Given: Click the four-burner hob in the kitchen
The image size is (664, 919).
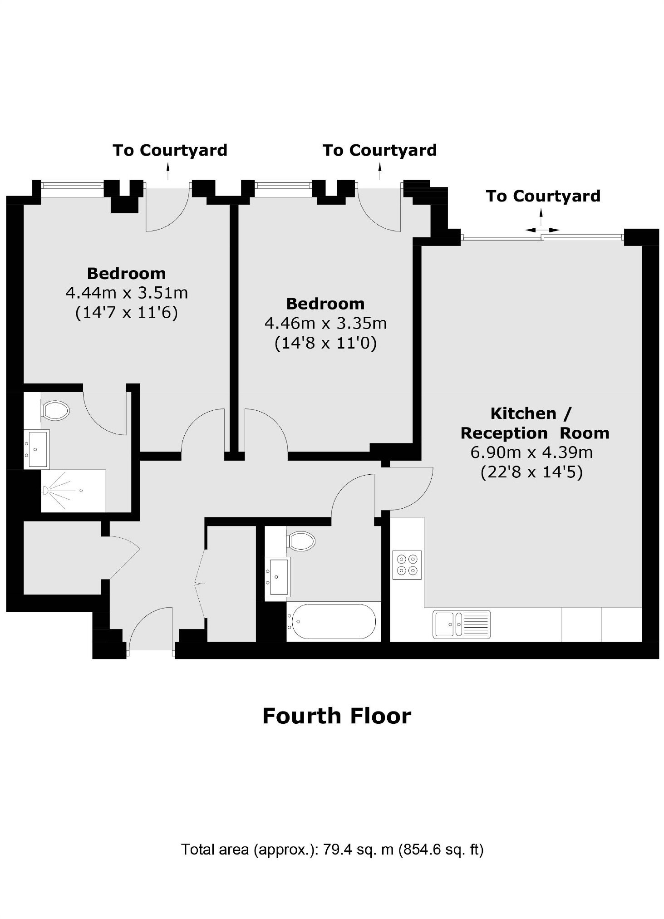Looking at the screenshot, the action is (x=407, y=565).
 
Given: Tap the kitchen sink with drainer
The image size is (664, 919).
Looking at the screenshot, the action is (x=461, y=624).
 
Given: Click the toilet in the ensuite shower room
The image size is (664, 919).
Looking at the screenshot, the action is (x=55, y=410).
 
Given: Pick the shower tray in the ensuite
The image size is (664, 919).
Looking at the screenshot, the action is (x=73, y=491).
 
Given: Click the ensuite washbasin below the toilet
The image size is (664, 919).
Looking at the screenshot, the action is (x=36, y=449).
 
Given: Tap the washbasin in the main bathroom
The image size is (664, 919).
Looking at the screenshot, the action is (x=277, y=576).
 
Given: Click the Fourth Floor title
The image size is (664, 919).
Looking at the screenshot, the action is (x=337, y=716).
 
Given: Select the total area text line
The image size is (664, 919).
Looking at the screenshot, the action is (x=332, y=849).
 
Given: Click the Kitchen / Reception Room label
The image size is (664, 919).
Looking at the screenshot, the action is (x=535, y=423).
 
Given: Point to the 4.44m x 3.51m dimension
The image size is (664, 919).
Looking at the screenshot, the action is (x=127, y=293).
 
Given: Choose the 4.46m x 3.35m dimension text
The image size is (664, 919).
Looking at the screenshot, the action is (x=325, y=323).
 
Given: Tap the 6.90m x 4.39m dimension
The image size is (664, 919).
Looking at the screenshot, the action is (x=531, y=452).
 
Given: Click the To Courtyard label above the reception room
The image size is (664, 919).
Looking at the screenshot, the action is (x=543, y=196).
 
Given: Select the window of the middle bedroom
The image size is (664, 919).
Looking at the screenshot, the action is (x=283, y=185).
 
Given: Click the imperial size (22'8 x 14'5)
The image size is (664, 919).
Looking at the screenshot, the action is (x=531, y=472).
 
